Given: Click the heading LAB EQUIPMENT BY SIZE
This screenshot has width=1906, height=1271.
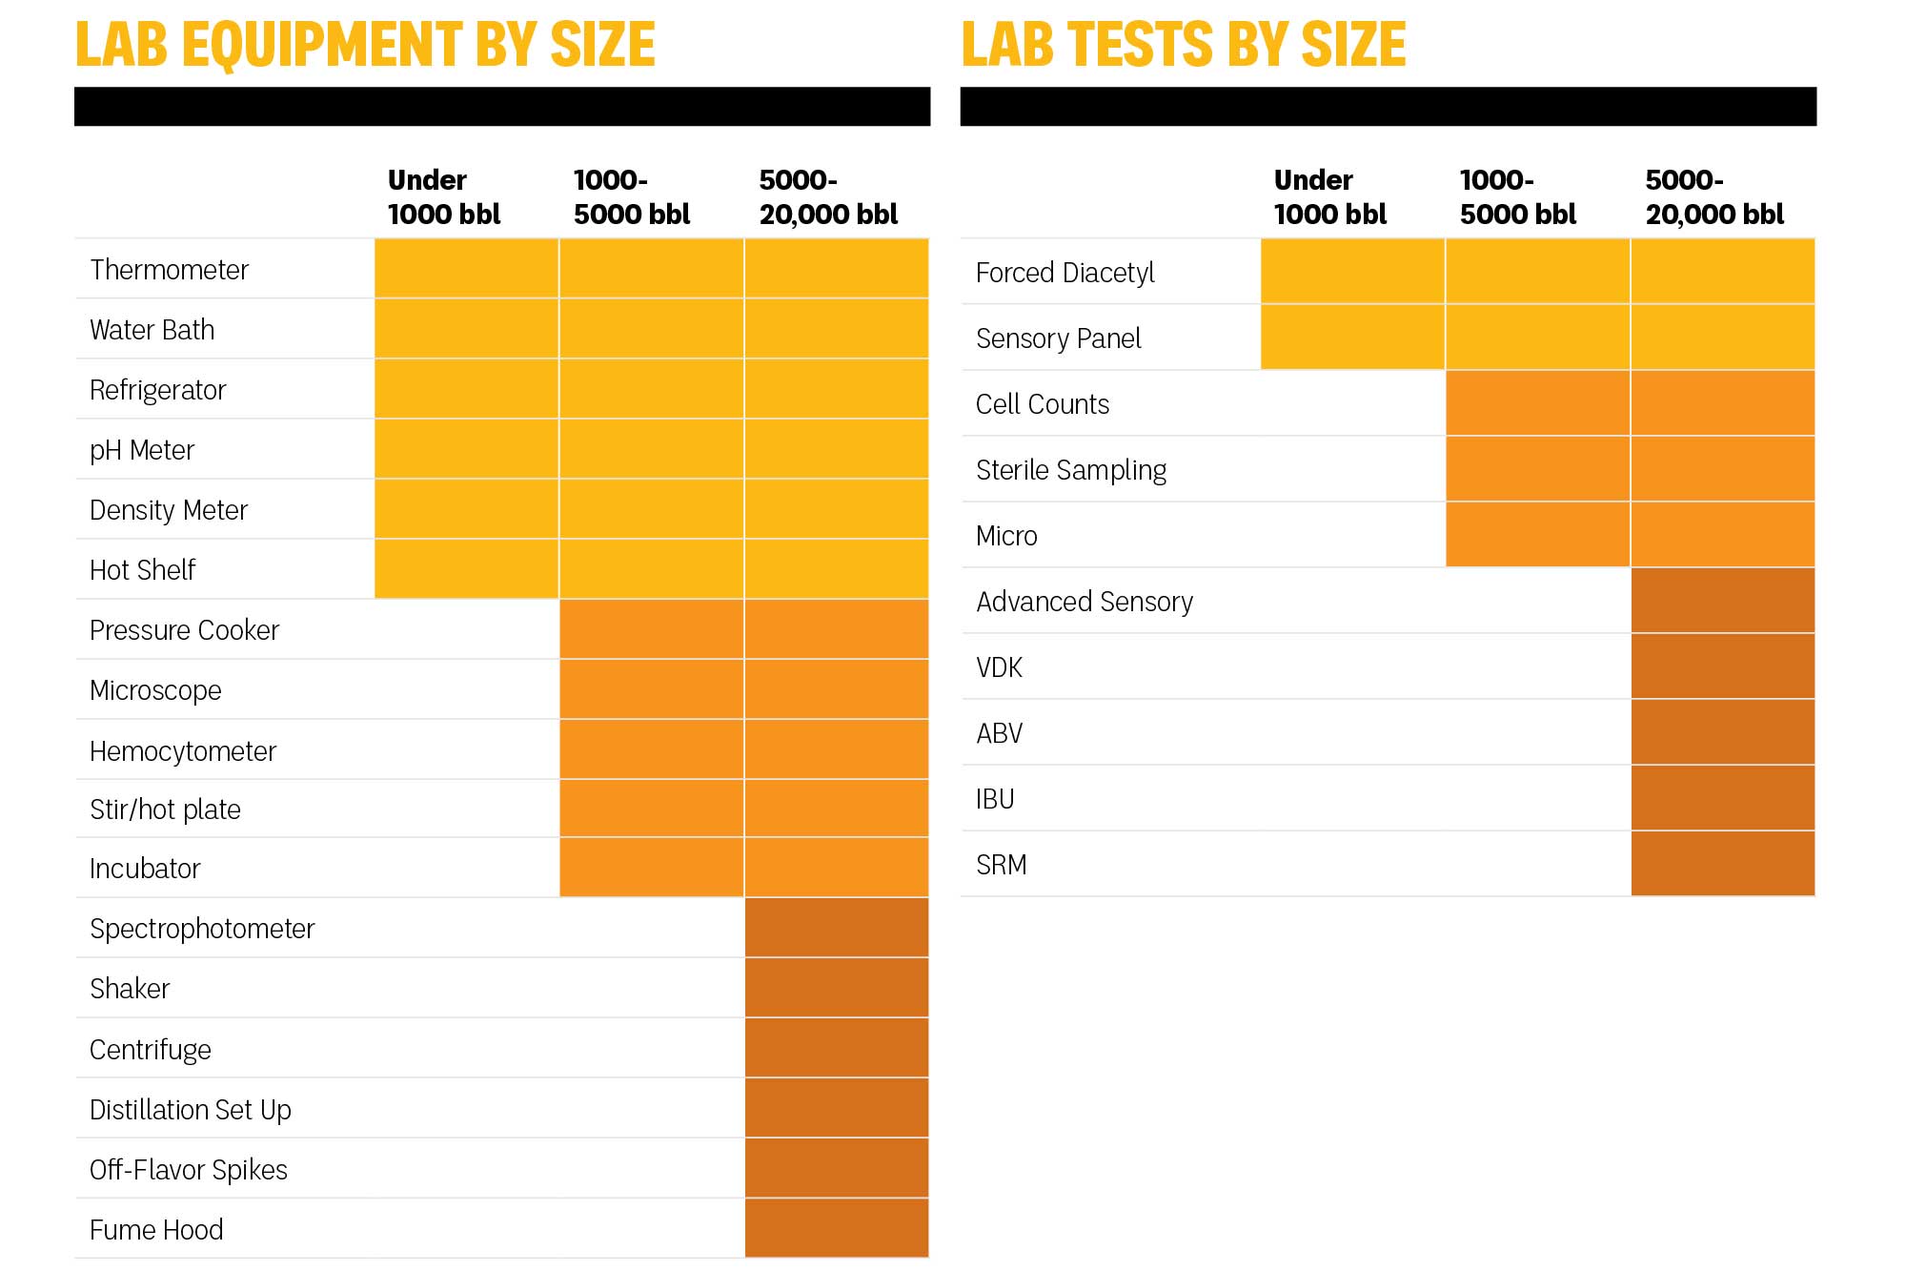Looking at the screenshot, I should [365, 45].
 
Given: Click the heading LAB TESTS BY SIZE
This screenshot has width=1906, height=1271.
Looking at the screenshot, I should [1183, 45].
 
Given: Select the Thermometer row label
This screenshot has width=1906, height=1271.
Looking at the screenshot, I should [169, 270].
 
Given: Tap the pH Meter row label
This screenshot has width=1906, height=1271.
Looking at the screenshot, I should [142, 450].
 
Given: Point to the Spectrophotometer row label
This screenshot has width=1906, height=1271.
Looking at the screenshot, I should [202, 929].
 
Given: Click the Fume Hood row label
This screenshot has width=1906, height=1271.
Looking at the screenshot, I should [156, 1230].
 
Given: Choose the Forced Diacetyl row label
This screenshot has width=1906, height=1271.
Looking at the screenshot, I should [1065, 273].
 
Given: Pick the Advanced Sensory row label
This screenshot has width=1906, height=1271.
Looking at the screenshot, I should [1084, 602].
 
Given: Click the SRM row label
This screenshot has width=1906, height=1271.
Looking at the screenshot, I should [1001, 865].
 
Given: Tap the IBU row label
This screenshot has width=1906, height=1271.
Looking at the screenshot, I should [995, 799].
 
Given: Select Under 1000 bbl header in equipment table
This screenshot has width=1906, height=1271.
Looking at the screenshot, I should [443, 196].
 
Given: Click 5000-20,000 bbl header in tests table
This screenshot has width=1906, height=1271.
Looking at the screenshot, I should [1713, 196].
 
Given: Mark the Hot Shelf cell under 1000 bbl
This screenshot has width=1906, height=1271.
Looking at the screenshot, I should [466, 569].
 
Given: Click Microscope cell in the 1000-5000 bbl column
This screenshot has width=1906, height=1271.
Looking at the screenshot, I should [651, 689].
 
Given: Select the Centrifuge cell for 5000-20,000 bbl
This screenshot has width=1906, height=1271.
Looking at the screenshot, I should [836, 1048].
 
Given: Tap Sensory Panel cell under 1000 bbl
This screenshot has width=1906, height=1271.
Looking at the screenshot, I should [1352, 338].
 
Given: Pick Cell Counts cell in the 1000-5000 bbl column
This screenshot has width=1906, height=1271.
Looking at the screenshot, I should [1537, 403].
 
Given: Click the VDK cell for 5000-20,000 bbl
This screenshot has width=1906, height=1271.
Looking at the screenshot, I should [1722, 666].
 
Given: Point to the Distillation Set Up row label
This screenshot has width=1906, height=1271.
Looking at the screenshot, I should [190, 1110].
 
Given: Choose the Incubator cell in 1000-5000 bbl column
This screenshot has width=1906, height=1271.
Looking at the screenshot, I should [651, 868].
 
